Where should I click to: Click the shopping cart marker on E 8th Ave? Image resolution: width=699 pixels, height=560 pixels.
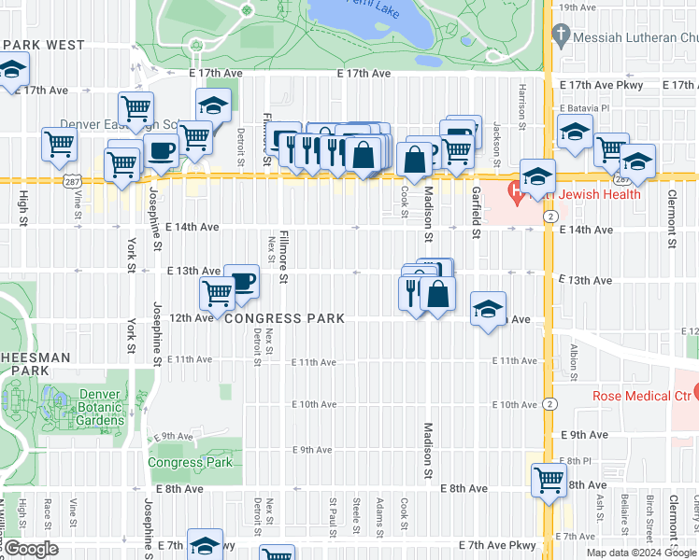(549, 480)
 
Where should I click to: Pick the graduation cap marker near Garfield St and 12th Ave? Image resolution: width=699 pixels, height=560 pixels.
(488, 308)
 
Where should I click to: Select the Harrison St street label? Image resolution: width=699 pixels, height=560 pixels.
(522, 94)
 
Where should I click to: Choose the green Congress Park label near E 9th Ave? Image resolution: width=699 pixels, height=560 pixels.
(190, 462)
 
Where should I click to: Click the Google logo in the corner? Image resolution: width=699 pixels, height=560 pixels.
(31, 549)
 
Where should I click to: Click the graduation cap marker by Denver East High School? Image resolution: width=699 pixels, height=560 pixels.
(213, 105)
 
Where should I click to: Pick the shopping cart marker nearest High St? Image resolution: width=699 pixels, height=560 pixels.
(59, 144)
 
